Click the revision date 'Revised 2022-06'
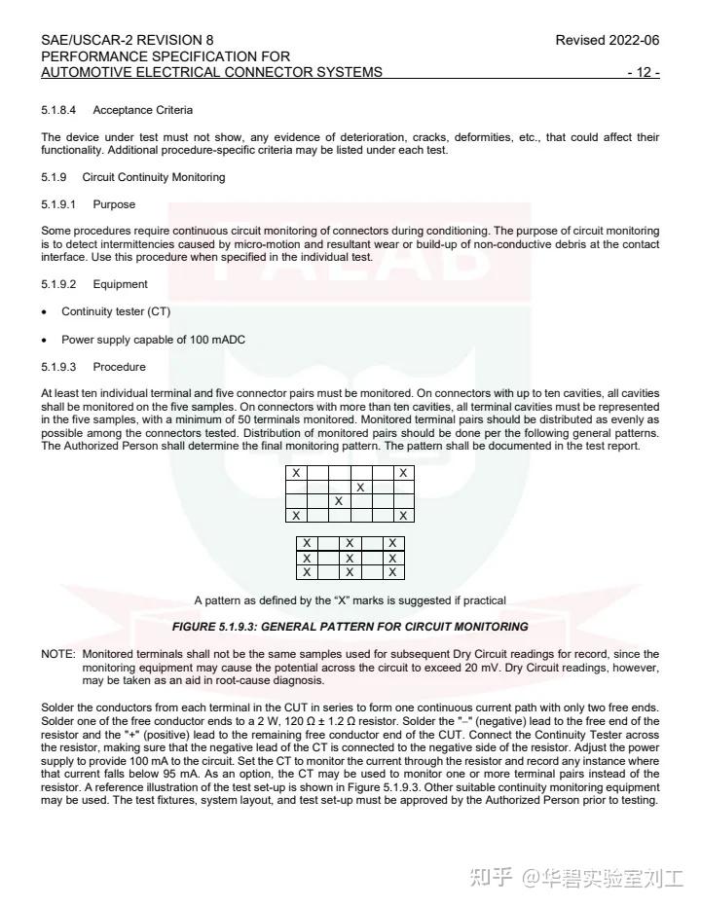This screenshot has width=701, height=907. pos(607,41)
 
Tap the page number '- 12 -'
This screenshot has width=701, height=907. pos(644,73)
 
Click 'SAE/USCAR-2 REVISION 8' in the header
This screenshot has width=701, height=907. pos(128,41)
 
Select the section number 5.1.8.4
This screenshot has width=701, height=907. pos(57,110)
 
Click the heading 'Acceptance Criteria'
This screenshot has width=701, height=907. pos(142,110)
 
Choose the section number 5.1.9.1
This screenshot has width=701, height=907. pos(57,204)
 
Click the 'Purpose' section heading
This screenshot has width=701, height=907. pos(114,204)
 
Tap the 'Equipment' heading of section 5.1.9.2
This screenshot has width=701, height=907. pos(120,284)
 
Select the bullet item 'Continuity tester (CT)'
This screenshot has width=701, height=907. pos(116,311)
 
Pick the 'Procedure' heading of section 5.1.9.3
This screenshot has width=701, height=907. pos(119,367)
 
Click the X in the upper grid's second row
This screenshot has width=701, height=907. pos(360,487)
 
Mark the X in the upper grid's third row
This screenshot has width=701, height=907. pos(338,500)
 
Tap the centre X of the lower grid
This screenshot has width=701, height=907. pos(350,559)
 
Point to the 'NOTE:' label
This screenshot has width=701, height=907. pos(57,654)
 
